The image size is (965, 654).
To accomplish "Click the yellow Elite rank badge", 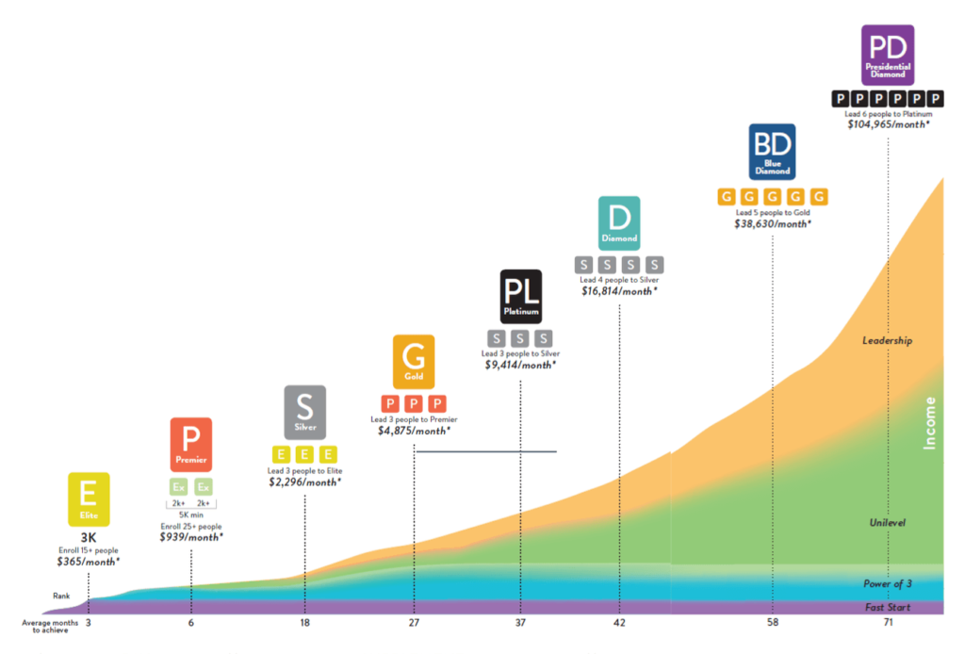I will coord(89,499).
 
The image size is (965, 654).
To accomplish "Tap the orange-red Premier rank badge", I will coord(190,444).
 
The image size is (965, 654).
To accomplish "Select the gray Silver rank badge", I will coord(304,412).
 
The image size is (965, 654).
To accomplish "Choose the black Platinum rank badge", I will coord(519,297).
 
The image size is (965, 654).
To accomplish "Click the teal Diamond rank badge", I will coord(619,223).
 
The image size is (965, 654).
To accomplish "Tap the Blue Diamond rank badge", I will coord(773,152).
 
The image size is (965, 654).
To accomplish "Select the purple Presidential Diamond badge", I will coord(888,55).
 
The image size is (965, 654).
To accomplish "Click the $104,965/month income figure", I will coord(888,124).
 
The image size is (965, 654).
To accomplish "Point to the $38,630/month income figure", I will coord(773,224).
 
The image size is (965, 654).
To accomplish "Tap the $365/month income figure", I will coord(89,561).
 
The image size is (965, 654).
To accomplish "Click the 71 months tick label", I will coord(887,623).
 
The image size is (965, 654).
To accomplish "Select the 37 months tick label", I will coord(519,623).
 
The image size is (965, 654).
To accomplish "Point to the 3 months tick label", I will coord(88,623).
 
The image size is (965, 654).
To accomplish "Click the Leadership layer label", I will coord(887,340).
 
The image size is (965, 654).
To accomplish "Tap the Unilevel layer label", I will coord(887,522).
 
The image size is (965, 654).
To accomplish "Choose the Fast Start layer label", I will coord(887,608).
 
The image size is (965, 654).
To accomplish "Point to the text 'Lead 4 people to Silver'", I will coord(619,280).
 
